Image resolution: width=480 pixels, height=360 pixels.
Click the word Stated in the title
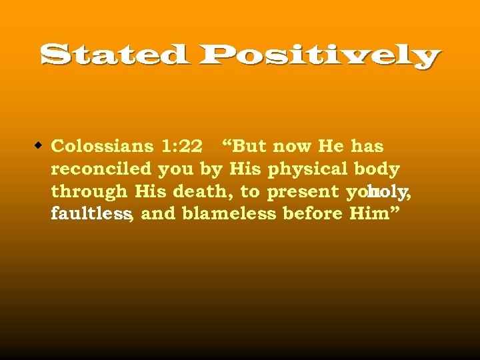pos(113,55)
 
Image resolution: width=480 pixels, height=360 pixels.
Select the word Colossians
pos(102,146)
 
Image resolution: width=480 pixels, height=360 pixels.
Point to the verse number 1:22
pos(181,146)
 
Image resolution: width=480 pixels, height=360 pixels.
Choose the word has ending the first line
pos(367,146)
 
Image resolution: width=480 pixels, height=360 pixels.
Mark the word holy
pos(387,192)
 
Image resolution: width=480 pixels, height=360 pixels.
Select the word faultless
pos(90,214)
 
